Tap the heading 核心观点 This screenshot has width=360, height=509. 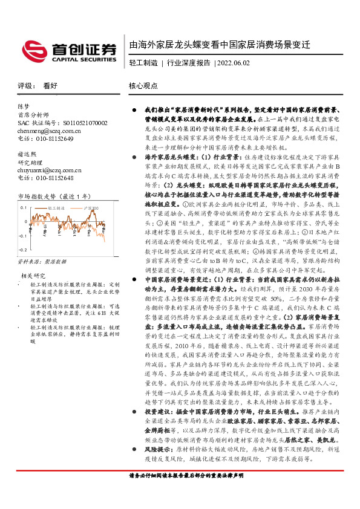(143, 86)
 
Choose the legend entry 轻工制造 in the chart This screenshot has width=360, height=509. (57, 207)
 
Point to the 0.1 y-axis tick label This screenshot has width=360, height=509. (24, 207)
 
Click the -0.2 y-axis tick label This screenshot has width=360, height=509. (22, 249)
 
